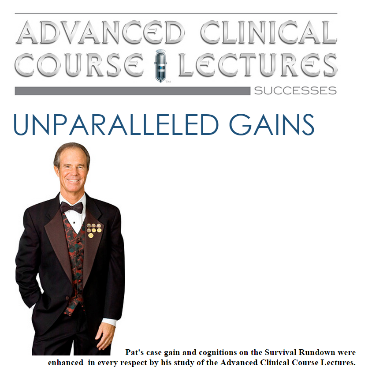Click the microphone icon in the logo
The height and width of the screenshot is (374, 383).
tap(160, 66)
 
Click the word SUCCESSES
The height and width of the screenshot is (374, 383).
tap(295, 91)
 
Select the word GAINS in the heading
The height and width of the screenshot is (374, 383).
tap(271, 125)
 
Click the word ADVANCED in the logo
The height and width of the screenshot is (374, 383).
tap(100, 33)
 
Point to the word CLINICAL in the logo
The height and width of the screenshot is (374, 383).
tap(268, 33)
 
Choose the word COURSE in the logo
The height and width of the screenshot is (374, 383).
tap(79, 64)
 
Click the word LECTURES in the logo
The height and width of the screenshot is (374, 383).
tap(258, 64)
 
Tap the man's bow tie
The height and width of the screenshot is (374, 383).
tap(71, 207)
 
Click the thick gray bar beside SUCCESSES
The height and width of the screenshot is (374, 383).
tap(133, 91)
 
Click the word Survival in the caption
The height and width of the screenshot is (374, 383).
tap(280, 352)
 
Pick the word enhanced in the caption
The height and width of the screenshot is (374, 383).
tap(66, 363)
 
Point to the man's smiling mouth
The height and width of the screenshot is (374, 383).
tap(74, 181)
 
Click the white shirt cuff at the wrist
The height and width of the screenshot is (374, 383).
tap(109, 322)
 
